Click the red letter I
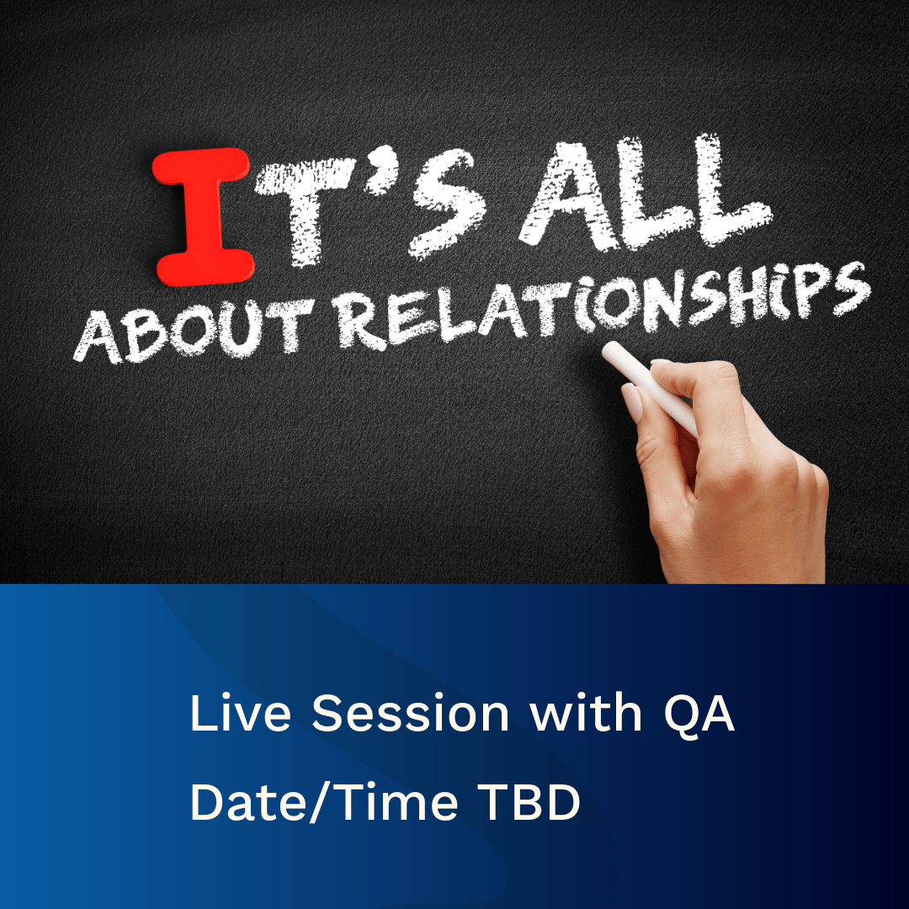pyautogui.click(x=203, y=215)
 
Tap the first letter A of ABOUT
pyautogui.click(x=97, y=338)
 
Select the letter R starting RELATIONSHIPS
pyautogui.click(x=360, y=322)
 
